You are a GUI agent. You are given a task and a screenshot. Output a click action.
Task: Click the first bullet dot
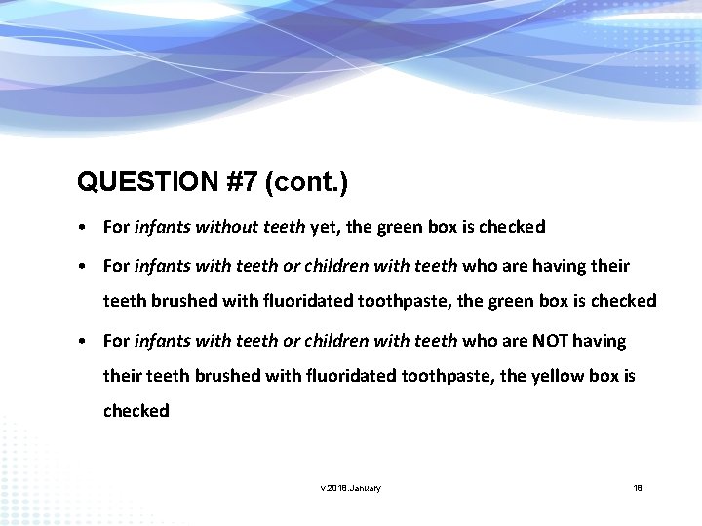(x=87, y=227)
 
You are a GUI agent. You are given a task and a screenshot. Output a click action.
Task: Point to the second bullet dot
(x=87, y=266)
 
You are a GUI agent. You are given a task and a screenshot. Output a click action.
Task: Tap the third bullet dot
(x=87, y=341)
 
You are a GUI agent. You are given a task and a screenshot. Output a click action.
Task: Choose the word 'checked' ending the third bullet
(x=136, y=411)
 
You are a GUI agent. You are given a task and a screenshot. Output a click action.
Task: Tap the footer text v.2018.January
(x=351, y=487)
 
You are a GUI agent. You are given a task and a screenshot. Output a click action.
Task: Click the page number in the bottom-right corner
(x=638, y=487)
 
